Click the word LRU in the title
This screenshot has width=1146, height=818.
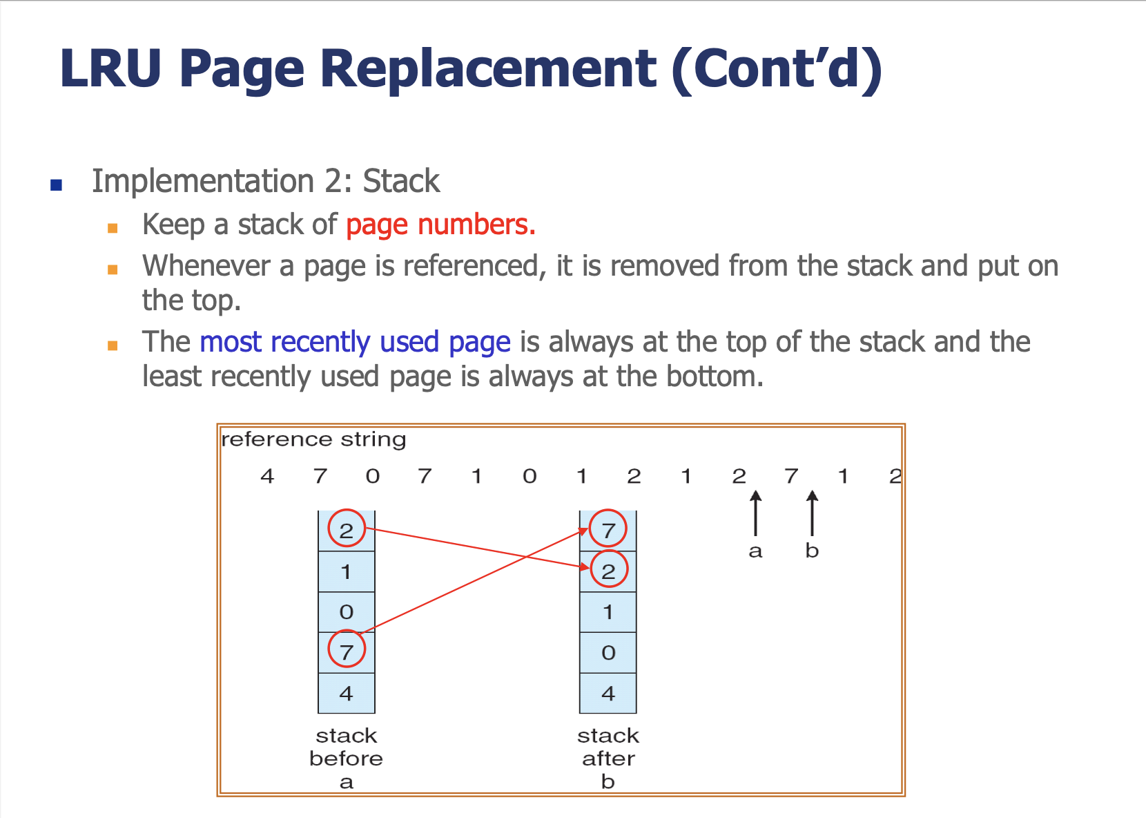110,68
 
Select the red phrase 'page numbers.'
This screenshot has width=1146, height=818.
441,226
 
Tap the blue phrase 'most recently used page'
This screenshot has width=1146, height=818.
355,343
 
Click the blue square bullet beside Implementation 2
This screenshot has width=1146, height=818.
57,184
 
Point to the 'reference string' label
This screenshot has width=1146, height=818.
313,439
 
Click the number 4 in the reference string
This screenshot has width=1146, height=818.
267,476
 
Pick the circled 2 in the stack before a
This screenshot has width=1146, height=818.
347,529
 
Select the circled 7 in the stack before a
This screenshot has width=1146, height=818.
347,649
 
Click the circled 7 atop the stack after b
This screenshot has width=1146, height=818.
608,529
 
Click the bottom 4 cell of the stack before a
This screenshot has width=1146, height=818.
347,693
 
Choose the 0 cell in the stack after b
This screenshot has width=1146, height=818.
608,653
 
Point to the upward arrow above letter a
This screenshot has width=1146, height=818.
756,513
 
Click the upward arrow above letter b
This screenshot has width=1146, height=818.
812,513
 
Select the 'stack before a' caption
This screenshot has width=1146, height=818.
347,758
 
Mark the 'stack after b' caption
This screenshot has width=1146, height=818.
608,758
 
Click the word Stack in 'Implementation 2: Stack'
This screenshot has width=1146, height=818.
401,181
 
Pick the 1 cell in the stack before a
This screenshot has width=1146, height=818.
347,572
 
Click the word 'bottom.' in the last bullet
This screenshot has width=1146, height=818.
715,377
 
